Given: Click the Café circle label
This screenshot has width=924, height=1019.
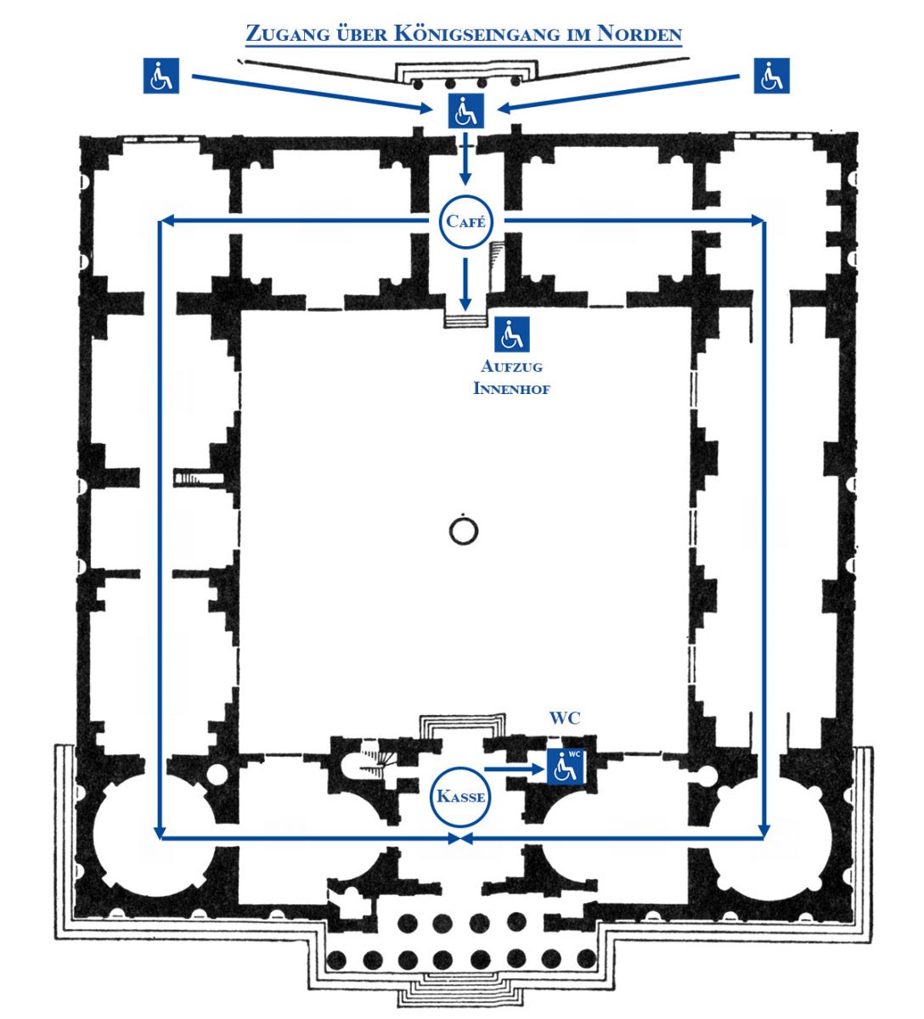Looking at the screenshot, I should click(x=465, y=222).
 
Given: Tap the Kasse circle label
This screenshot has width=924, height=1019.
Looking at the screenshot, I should click(x=460, y=797).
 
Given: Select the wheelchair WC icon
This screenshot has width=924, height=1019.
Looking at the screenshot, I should click(x=566, y=766).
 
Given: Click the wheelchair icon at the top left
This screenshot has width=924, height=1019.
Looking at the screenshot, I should click(x=161, y=76).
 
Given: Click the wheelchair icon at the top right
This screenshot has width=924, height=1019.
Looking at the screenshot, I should click(x=771, y=76).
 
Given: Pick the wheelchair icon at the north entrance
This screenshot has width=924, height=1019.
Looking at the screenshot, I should click(x=465, y=111).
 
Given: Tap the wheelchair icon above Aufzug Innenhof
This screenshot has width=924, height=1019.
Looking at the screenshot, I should click(x=511, y=334).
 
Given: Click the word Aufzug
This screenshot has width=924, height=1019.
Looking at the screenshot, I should click(x=511, y=368).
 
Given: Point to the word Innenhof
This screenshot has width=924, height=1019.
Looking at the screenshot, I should click(x=511, y=389).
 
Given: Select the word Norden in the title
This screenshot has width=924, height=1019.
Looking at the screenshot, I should click(x=639, y=35).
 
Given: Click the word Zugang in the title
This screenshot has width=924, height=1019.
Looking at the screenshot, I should click(x=280, y=35).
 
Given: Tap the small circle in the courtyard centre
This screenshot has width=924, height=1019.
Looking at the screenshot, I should click(x=463, y=532).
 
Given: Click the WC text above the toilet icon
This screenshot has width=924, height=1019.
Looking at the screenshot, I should click(x=564, y=718).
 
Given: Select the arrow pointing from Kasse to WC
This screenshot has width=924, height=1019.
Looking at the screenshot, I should click(x=514, y=769).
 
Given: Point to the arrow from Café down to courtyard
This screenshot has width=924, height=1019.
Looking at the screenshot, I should click(x=465, y=284).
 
